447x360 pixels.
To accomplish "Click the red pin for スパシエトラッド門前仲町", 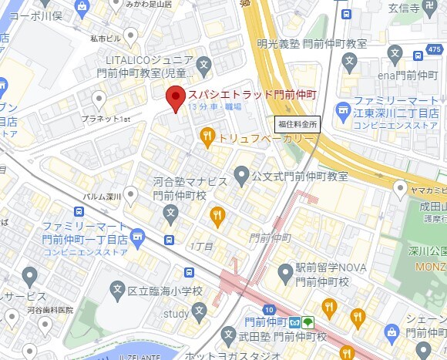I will pos(176,99).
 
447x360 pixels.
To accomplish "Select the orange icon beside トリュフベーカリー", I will pos(207,138).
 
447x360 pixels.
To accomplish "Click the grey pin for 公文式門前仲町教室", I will pos(241,176).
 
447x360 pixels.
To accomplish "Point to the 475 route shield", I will pos(438,50).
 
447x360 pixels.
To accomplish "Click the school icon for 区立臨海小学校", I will pos(118,291).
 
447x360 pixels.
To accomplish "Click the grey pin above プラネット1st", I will pos(99,99).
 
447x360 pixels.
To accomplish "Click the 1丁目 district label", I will pos(200,244).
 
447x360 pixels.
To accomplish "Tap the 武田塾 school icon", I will pos(228,335).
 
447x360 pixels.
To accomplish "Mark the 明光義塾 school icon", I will pos(351,60).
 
